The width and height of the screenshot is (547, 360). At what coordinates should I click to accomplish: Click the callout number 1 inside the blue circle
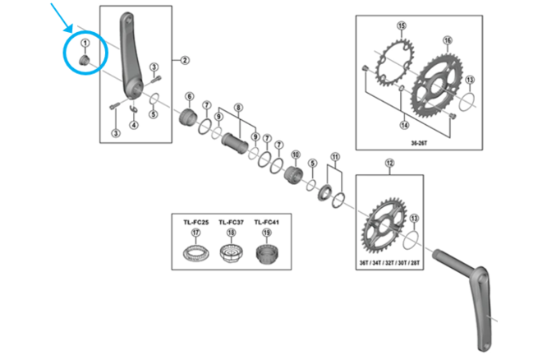84,43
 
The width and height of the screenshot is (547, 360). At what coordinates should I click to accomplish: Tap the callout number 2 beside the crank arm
186,59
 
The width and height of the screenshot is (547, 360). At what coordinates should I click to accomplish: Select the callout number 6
189,96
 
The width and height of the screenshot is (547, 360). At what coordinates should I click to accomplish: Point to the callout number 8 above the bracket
239,108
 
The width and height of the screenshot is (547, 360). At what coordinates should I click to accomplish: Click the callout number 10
296,155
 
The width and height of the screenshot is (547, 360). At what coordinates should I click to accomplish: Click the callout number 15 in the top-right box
401,26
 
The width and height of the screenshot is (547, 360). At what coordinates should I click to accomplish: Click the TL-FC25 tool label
195,221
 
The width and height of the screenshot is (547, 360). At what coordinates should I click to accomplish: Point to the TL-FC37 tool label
231,221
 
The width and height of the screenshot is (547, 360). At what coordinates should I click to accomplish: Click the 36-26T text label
418,141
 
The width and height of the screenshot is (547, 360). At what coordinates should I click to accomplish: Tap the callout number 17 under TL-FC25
195,233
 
